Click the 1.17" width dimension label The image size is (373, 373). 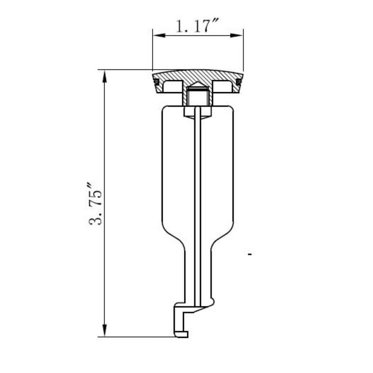tap(197, 26)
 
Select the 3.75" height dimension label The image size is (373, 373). tap(95, 204)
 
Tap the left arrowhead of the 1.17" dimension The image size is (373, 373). tap(159, 35)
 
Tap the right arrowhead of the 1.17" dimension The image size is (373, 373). tap(237, 35)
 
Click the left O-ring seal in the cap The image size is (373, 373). tap(156, 82)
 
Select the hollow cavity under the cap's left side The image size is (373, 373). tap(173, 87)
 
